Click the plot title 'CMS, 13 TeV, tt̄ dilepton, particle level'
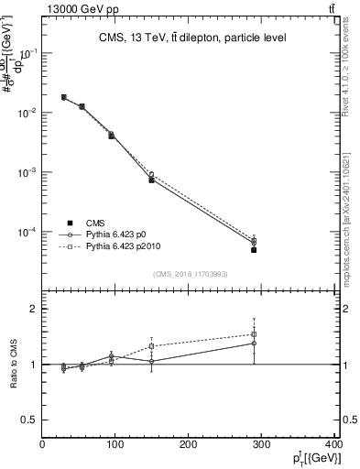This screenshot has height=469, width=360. (x=191, y=38)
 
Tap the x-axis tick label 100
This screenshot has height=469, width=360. (x=115, y=445)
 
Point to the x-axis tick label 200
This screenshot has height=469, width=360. (x=189, y=445)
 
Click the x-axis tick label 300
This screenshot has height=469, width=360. (x=262, y=445)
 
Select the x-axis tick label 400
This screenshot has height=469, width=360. (x=333, y=445)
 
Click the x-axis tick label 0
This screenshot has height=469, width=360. (x=42, y=445)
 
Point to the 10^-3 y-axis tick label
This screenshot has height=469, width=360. (x=29, y=172)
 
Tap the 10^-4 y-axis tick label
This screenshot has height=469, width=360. (x=29, y=232)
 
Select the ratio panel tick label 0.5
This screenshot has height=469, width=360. (x=29, y=420)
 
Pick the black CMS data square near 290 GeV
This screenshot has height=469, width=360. (x=254, y=250)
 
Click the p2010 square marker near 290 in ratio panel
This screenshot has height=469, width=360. (x=254, y=335)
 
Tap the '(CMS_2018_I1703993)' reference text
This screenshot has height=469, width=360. (x=190, y=273)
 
